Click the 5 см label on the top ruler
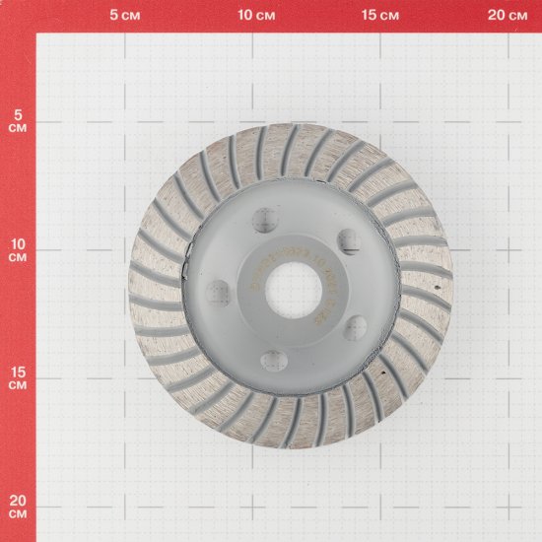(123, 16)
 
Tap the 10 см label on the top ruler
(256, 16)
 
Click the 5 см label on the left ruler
(17, 120)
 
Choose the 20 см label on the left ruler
(17, 507)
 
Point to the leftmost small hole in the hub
(219, 292)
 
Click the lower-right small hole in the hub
(354, 328)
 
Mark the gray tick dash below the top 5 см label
(123, 33)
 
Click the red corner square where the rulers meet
(18, 17)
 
